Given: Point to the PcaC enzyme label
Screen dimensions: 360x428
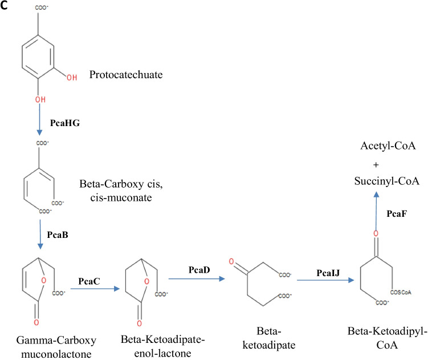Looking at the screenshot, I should pyautogui.click(x=90, y=281).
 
